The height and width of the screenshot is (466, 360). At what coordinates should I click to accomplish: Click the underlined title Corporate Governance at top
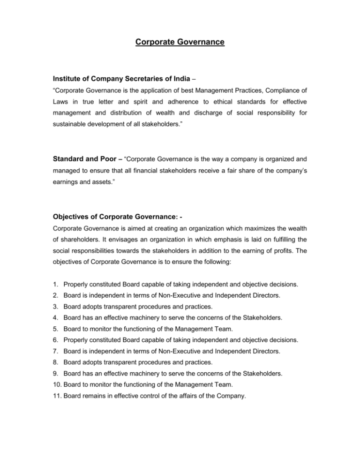point(180,44)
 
